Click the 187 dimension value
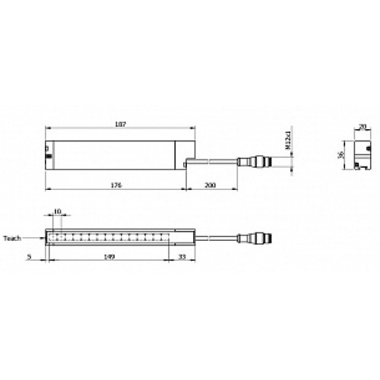click(x=119, y=124)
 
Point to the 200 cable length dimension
click(x=211, y=185)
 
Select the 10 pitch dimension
click(x=59, y=214)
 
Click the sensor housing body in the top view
click(x=114, y=154)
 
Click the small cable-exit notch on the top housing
click(x=188, y=161)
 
